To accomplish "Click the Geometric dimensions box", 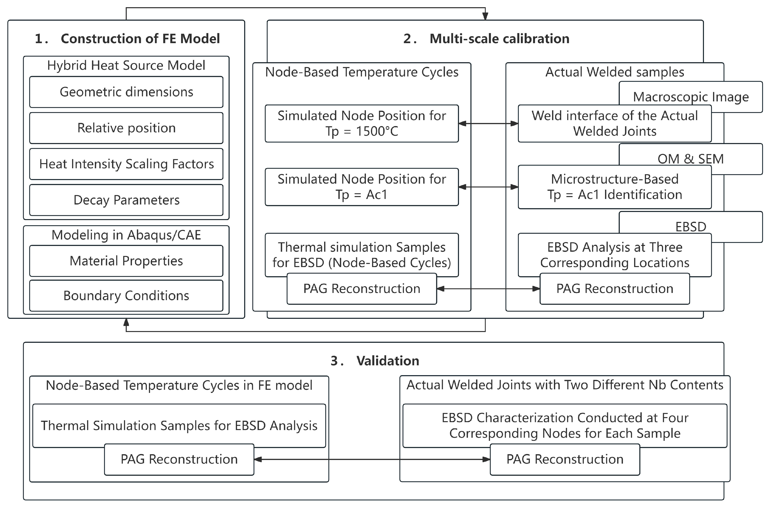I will click(126, 92).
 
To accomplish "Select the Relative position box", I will click(126, 128).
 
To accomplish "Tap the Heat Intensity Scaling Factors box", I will click(126, 164).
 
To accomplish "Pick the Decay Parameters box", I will click(126, 200).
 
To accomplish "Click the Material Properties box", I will click(126, 261).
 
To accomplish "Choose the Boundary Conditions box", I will click(126, 296).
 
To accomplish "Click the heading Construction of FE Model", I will click(140, 39).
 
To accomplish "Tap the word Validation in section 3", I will click(387, 361).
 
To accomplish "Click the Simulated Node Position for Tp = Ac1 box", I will click(362, 187).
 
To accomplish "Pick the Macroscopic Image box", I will click(691, 97).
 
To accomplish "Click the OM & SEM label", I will click(691, 158).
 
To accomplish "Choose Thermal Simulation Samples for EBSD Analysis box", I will click(179, 425).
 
